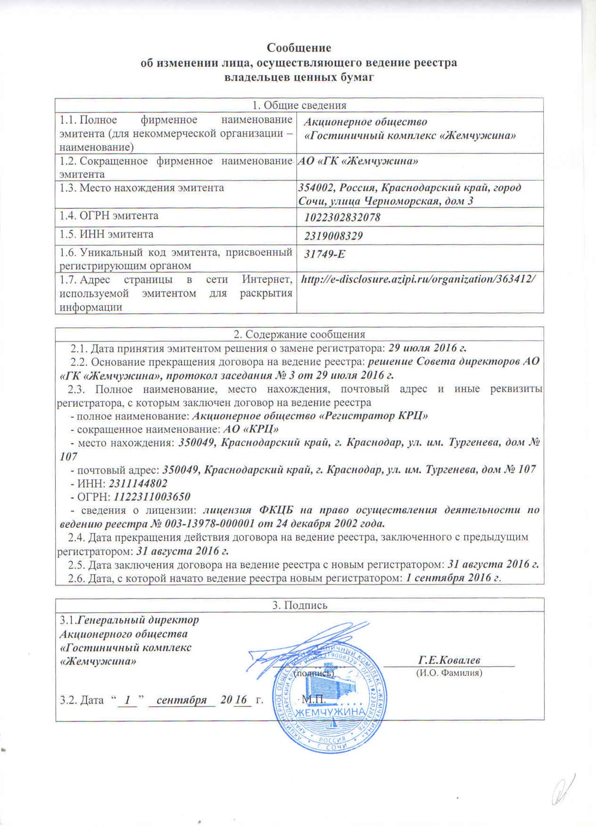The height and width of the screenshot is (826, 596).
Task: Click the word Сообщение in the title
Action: click(x=299, y=48)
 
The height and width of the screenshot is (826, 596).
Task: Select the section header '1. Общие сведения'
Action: click(x=299, y=105)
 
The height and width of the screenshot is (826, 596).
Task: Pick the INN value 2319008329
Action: click(x=334, y=236)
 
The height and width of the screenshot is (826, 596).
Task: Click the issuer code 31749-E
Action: click(x=325, y=254)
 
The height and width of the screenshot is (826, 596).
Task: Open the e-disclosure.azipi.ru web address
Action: click(x=418, y=279)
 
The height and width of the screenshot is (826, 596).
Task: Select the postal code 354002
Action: click(x=315, y=188)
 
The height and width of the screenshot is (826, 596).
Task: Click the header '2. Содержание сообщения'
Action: click(x=299, y=334)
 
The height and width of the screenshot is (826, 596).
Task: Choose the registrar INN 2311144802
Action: click(x=138, y=483)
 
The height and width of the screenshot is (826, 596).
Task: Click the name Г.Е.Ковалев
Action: click(x=449, y=660)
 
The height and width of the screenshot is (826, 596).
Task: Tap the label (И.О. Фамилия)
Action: click(x=449, y=673)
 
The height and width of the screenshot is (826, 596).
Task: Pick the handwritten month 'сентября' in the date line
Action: click(x=182, y=700)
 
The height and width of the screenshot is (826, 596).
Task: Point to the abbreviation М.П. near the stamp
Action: click(x=311, y=699)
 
